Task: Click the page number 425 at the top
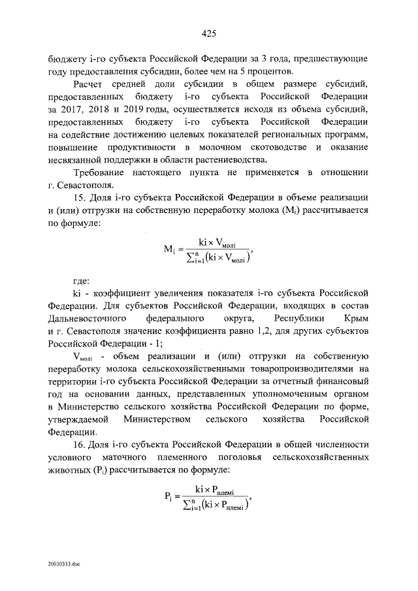pos(209,33)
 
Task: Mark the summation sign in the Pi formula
pos(189,503)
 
